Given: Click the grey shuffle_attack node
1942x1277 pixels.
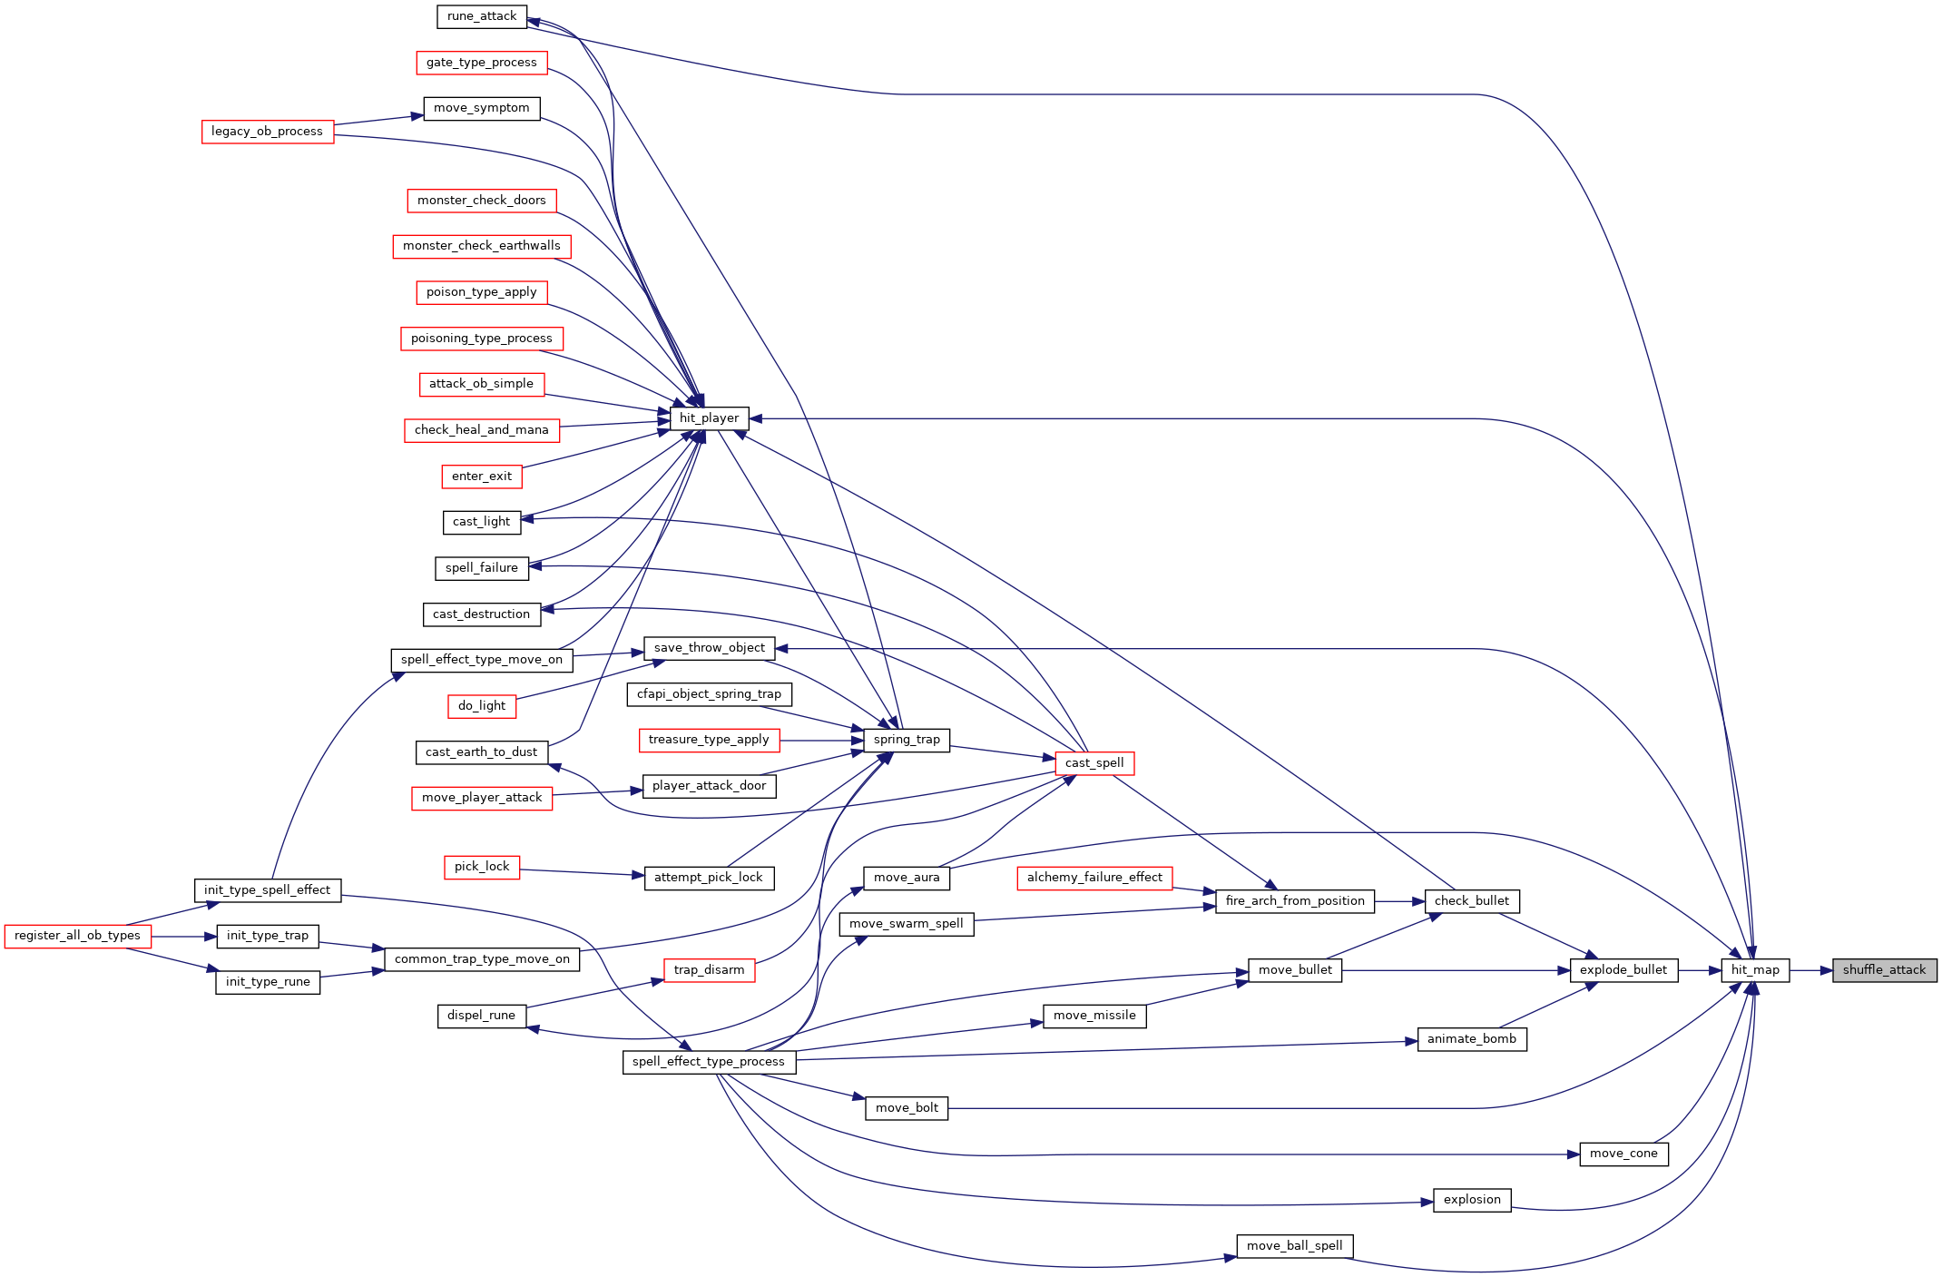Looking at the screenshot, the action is coord(1885,970).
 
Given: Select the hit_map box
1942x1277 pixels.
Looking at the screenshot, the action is coord(1755,970).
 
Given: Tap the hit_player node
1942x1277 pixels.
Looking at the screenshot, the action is coord(709,418).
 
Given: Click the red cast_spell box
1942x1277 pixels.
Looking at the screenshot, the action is coord(1094,763).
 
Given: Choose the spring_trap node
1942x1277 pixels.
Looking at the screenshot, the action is coord(907,740).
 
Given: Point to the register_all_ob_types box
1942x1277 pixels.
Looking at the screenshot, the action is coord(77,936).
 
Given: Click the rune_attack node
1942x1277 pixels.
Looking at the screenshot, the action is coord(482,16).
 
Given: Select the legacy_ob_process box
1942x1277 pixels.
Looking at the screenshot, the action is coord(268,132).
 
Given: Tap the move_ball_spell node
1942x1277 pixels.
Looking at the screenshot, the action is coord(1295,1246).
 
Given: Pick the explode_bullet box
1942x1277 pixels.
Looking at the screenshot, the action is coord(1623,970).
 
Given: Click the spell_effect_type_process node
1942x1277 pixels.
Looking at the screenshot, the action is coord(709,1062).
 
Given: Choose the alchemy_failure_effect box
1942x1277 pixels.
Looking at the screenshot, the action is coord(1094,878).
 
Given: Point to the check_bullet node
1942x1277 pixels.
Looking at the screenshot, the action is coord(1472,901).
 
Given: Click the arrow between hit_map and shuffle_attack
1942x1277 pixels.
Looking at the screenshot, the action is coord(1811,970).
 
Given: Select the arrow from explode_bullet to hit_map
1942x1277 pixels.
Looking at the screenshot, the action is coord(1700,970).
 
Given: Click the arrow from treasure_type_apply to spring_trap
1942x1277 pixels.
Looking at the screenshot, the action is coord(821,741).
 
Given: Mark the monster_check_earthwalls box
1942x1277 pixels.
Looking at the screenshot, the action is coord(482,246).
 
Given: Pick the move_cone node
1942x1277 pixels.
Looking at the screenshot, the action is coord(1623,1154).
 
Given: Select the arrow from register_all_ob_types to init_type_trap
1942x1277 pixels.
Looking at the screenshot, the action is coord(183,936).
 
